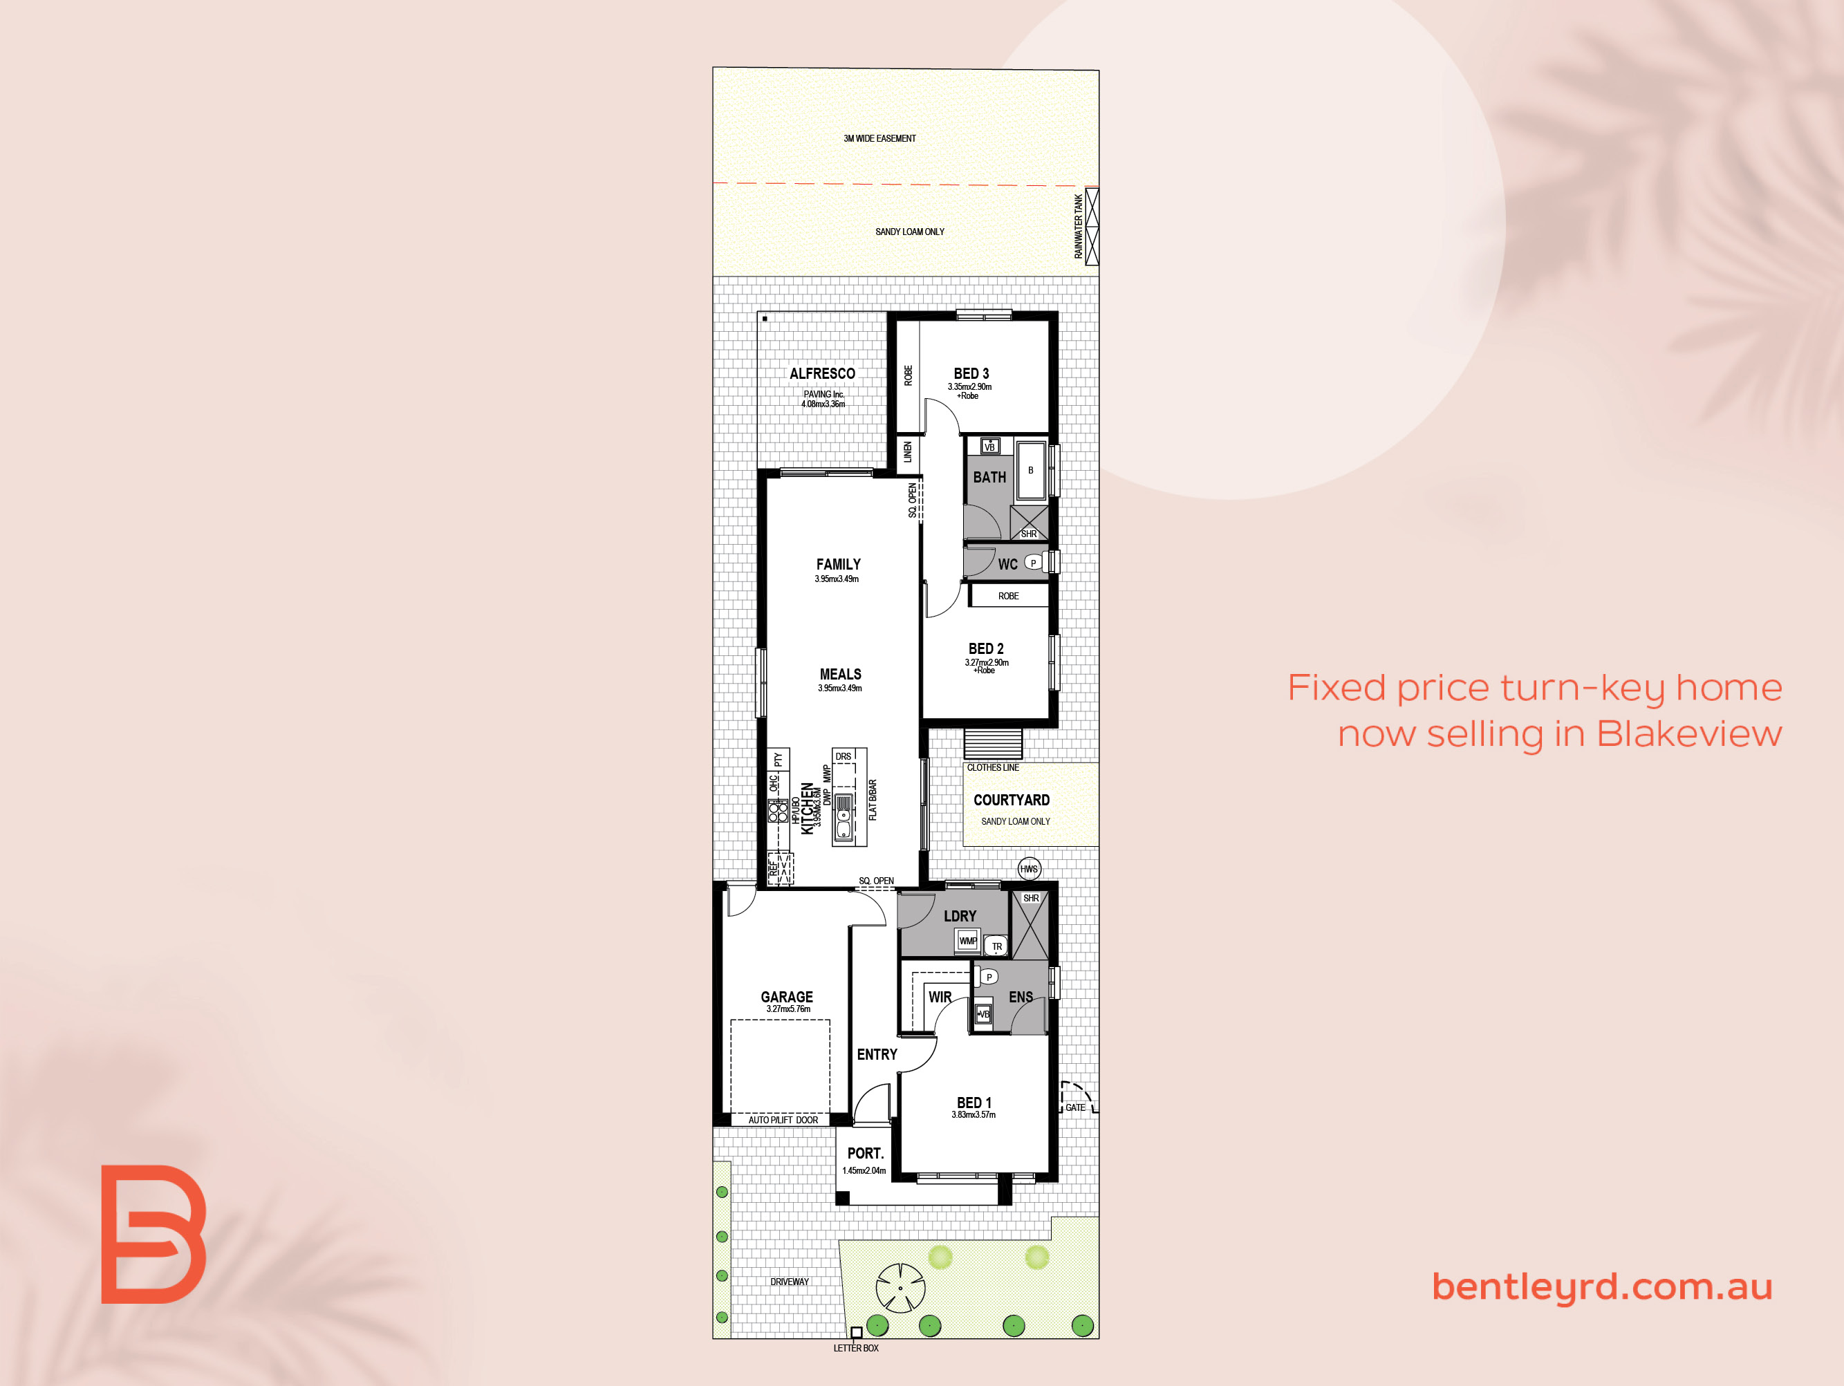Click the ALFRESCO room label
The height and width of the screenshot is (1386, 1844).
point(822,373)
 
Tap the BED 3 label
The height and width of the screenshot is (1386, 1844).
point(971,373)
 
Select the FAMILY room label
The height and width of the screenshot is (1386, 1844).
point(838,564)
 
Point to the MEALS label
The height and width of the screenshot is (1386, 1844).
point(840,674)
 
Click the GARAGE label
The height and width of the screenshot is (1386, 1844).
point(786,997)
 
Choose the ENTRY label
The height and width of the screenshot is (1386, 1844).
point(877,1054)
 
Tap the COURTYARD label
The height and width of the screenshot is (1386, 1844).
point(1012,800)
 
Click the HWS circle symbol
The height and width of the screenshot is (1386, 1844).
point(1030,869)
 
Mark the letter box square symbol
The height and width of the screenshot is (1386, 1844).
point(856,1333)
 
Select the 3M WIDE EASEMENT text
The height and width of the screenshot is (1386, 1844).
point(879,138)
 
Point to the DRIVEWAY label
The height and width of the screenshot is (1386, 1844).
point(790,1282)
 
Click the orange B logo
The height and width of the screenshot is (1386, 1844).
point(153,1235)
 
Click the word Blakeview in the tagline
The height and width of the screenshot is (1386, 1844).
point(1689,733)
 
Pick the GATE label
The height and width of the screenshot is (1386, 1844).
point(1075,1107)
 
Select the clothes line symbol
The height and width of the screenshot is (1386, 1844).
point(993,743)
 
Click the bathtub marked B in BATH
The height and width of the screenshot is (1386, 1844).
point(1031,471)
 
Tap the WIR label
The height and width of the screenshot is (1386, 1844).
point(940,997)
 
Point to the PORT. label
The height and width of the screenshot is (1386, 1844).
point(866,1154)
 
